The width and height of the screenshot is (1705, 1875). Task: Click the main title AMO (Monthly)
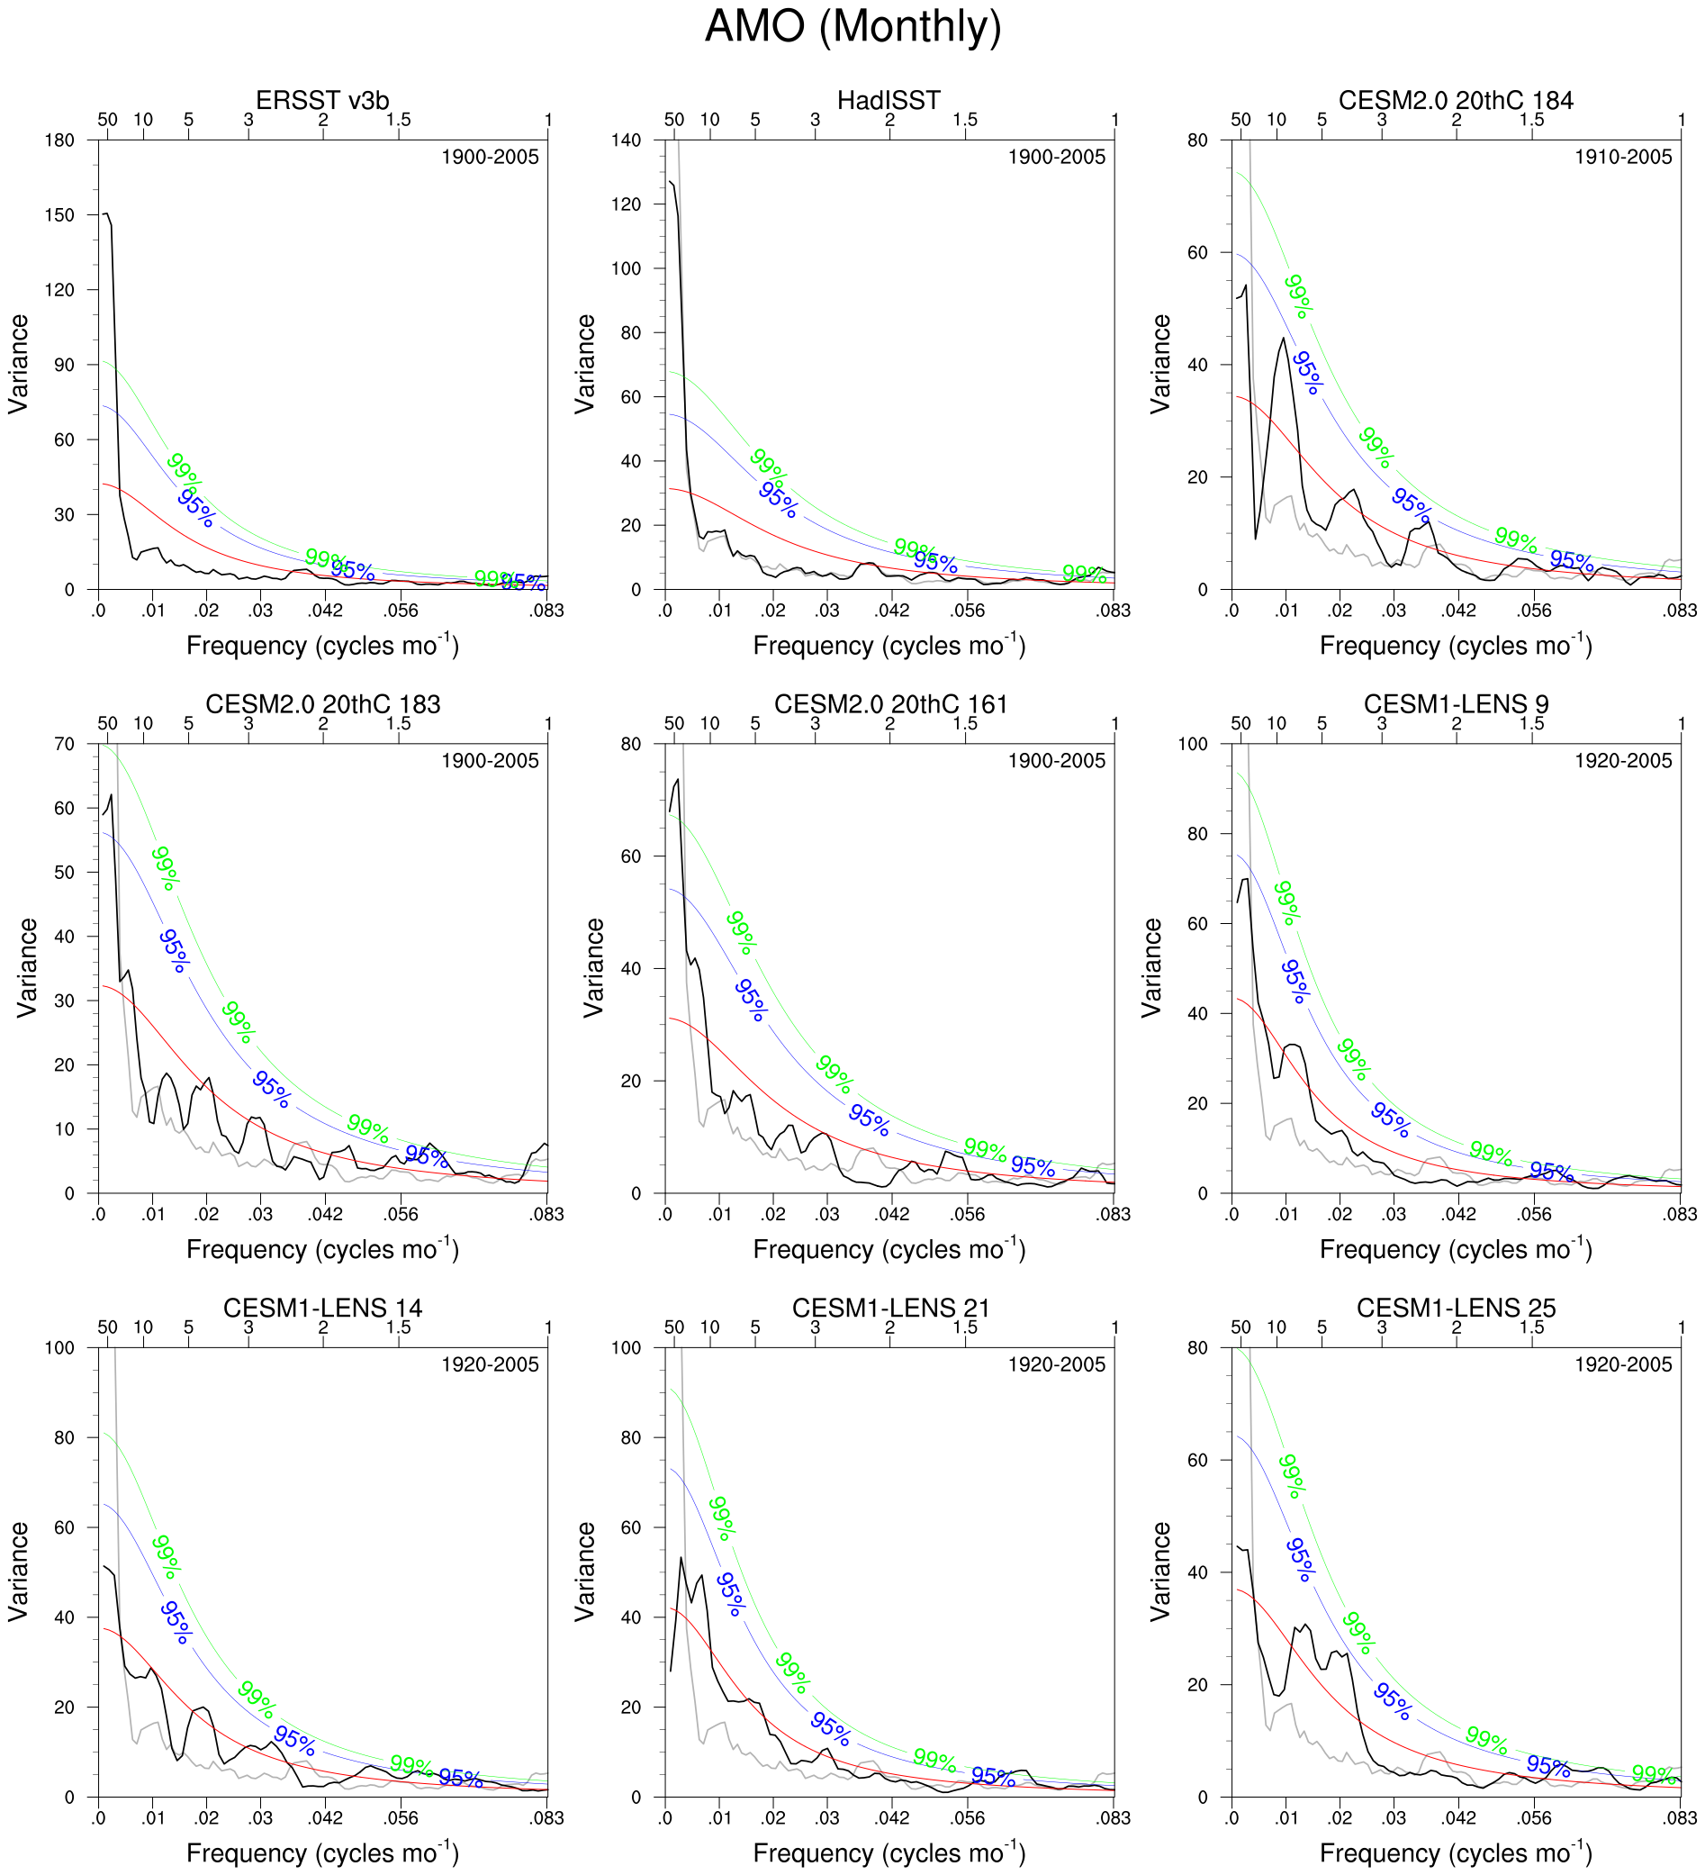coord(852,26)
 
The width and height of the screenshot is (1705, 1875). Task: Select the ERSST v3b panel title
coord(321,101)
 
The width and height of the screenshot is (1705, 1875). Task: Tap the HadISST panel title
coord(889,101)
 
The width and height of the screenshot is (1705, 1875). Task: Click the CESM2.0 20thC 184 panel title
coord(1455,101)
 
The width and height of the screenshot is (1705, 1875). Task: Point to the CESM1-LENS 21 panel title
coord(889,1309)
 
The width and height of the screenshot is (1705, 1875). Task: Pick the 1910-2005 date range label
coord(1622,158)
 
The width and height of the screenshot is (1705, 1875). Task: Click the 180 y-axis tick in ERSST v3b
coord(59,140)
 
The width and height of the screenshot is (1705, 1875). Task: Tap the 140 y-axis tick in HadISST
coord(626,140)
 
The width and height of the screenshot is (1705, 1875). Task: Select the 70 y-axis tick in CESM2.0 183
coord(64,744)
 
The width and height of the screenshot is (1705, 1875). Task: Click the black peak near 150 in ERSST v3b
coord(106,214)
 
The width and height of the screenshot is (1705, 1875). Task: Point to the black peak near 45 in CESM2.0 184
coord(1284,339)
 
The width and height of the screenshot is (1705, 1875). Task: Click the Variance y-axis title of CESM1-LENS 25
coord(1159,1572)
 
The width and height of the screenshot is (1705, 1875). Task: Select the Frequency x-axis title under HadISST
coord(889,646)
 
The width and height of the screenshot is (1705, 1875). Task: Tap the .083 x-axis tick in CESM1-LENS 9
coord(1680,1215)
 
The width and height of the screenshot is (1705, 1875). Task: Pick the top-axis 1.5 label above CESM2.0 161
coord(965,723)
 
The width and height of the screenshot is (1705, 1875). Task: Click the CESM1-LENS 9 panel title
coord(1455,705)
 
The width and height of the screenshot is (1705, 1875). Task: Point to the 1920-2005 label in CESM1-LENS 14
coord(490,1364)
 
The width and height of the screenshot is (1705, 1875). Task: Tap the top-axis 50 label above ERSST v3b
coord(108,119)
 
